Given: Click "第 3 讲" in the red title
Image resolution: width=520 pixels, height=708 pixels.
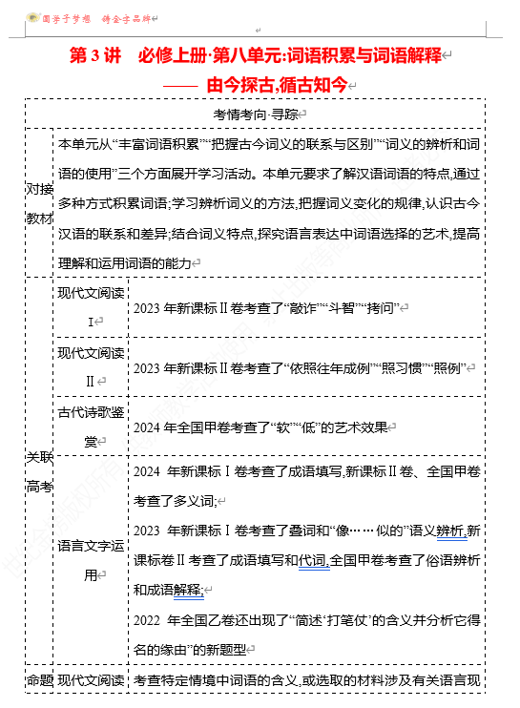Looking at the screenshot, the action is [96, 55].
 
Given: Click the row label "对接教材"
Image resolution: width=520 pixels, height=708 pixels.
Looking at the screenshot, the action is [39, 202].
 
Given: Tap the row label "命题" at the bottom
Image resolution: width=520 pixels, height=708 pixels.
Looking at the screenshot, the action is [39, 679].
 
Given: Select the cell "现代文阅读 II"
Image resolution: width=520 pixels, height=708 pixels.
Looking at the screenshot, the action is [91, 367].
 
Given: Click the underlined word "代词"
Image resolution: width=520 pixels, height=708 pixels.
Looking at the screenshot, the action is [312, 559].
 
